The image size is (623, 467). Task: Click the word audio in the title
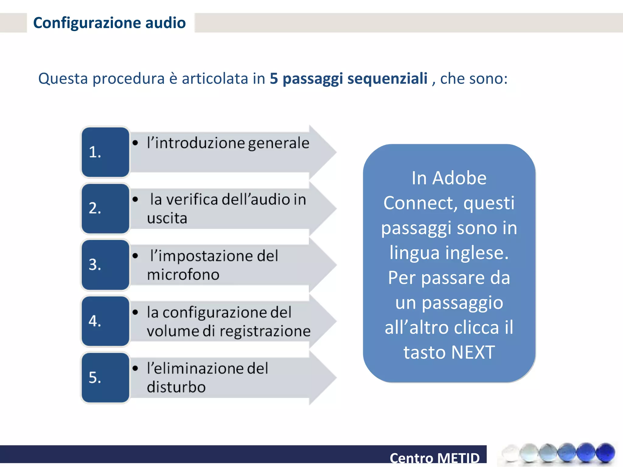(165, 23)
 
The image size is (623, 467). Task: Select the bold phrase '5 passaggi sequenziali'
(349, 78)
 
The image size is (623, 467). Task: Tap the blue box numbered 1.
(105, 152)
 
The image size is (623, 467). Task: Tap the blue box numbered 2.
(105, 209)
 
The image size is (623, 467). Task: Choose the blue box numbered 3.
(105, 265)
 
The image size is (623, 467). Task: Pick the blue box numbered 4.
(105, 321)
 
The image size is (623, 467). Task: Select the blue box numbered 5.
(105, 378)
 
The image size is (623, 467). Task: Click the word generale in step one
(279, 143)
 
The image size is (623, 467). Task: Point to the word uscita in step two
(167, 218)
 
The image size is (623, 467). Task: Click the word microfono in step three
(183, 275)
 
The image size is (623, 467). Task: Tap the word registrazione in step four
(265, 331)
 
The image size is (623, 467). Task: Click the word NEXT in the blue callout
(473, 352)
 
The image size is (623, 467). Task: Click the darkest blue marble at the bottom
(605, 452)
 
